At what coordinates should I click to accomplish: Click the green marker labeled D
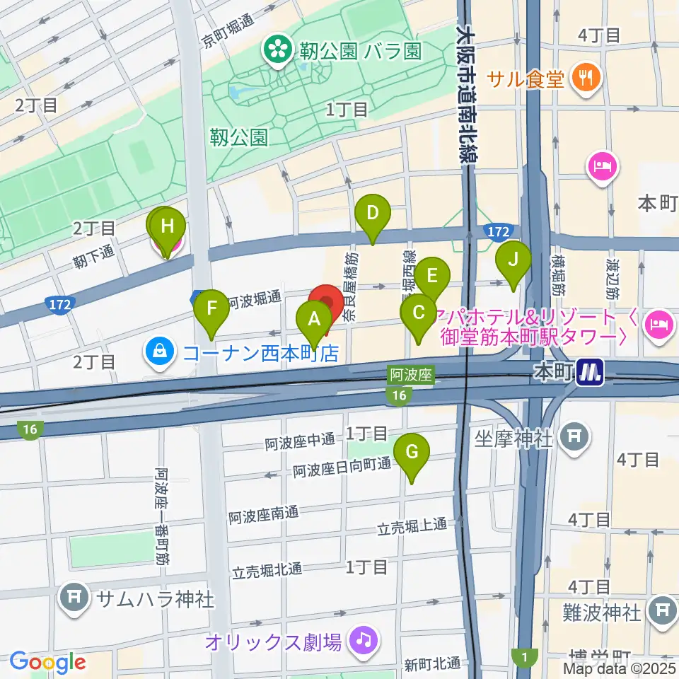[373, 213]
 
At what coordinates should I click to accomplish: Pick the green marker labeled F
[211, 308]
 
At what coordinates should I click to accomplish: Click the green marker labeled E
[432, 274]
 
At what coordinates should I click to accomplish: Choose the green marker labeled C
[418, 312]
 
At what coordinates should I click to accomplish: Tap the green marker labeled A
[313, 318]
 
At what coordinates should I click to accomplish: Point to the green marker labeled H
[168, 227]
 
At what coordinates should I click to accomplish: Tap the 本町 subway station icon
[589, 372]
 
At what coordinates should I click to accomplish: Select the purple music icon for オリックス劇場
[366, 642]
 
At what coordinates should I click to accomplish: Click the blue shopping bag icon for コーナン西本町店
[161, 352]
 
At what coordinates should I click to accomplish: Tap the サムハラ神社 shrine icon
[74, 598]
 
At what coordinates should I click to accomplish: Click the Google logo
[48, 663]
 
